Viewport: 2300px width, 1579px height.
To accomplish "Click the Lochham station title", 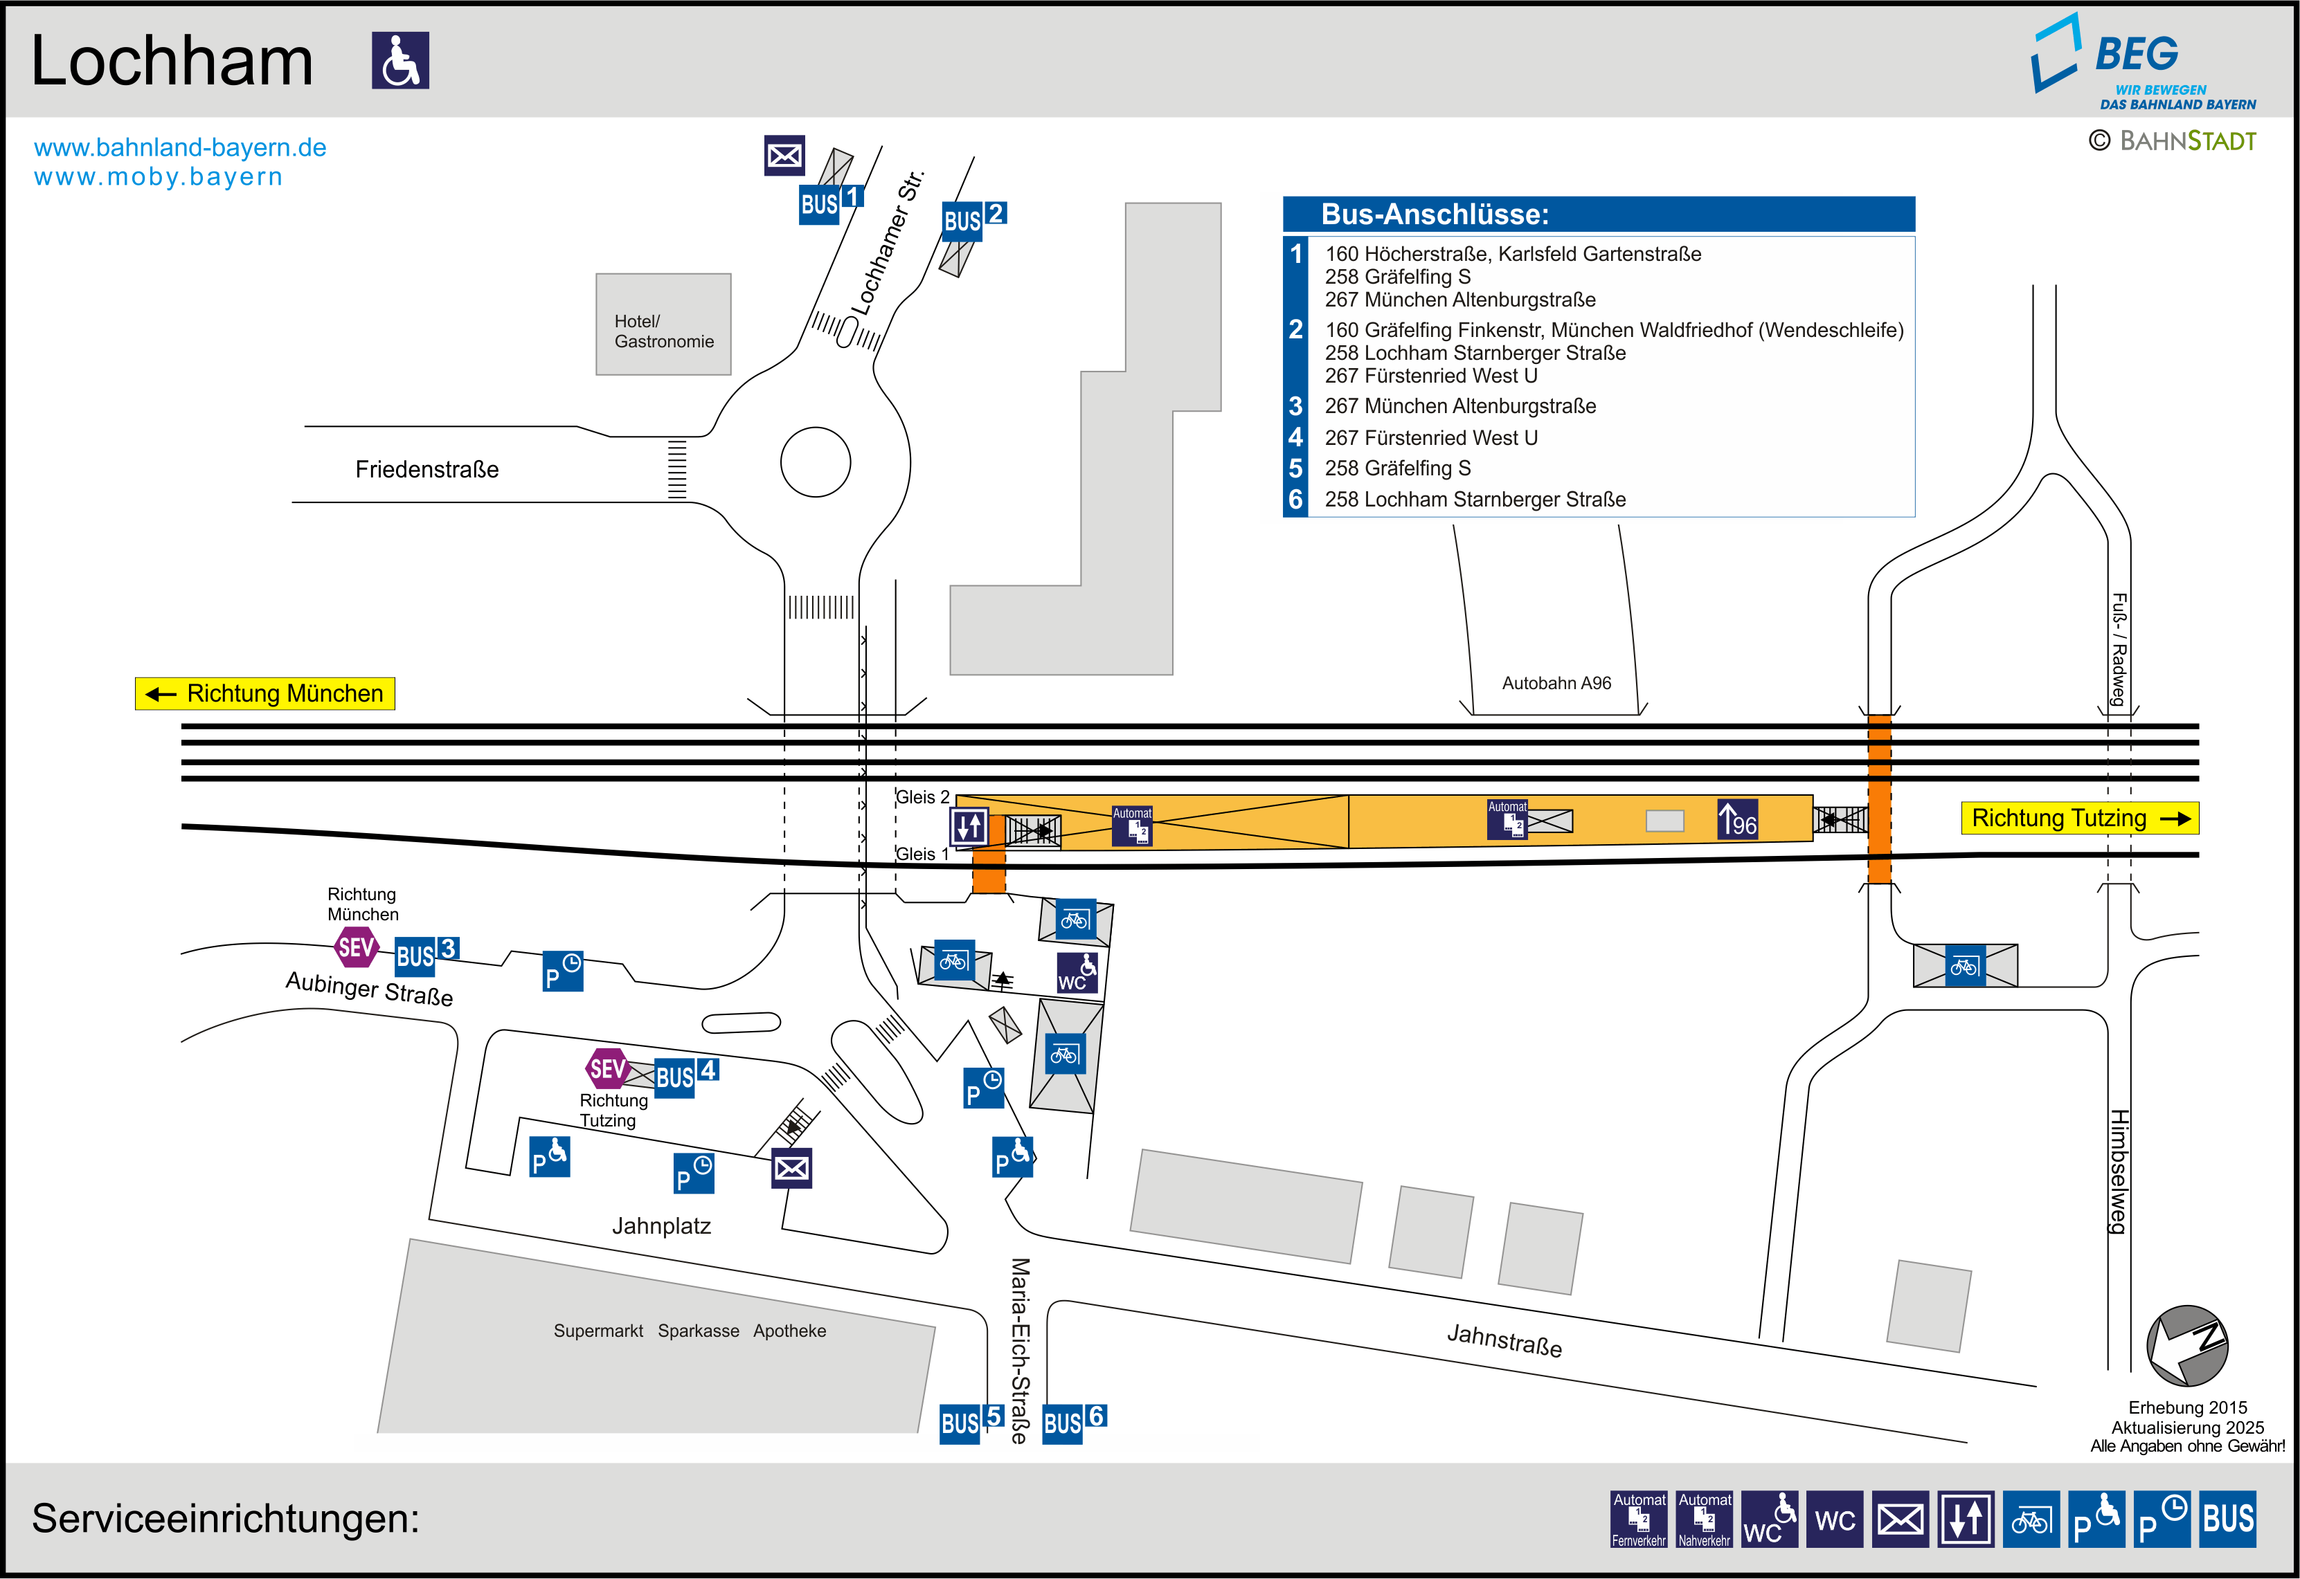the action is click(172, 62).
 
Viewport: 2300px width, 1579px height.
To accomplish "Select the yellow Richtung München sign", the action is click(265, 693).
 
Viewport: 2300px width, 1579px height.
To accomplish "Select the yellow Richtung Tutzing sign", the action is click(2079, 818).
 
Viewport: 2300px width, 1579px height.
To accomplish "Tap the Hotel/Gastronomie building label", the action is click(663, 331).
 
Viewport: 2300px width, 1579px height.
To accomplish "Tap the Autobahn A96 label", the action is click(1556, 684).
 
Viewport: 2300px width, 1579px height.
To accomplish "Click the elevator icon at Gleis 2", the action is click(969, 826).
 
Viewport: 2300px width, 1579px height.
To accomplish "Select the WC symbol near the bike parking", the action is click(1077, 973).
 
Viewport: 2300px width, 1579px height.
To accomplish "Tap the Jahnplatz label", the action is click(661, 1227).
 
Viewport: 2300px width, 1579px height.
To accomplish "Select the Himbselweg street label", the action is click(2118, 1171).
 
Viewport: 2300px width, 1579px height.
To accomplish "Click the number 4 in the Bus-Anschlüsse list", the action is click(1295, 437).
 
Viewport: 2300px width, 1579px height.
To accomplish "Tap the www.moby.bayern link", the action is click(159, 177).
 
